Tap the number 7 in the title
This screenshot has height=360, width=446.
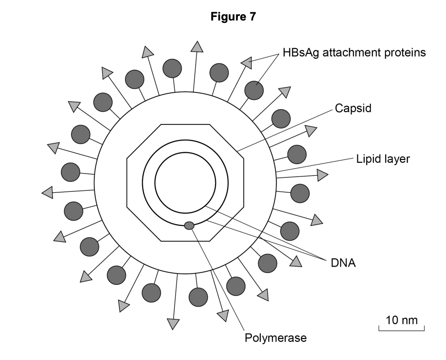(253, 17)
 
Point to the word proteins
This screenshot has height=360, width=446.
(408, 52)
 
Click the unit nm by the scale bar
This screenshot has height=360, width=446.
(410, 320)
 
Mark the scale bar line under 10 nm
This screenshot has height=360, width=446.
(401, 329)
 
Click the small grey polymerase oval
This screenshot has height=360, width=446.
(189, 225)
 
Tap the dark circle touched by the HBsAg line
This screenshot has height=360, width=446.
(254, 90)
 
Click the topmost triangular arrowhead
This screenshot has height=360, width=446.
(197, 46)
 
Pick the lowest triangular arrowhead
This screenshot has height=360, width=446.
(173, 323)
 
